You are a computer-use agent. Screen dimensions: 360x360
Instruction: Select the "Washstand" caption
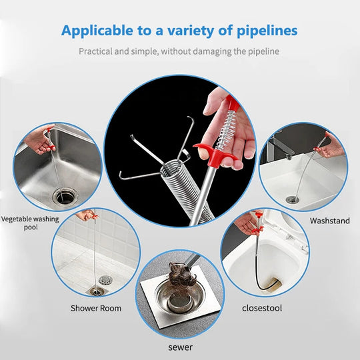coord(329,221)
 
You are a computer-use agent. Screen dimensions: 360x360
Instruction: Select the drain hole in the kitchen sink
coord(65,195)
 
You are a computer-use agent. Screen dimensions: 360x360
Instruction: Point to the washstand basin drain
coord(292,199)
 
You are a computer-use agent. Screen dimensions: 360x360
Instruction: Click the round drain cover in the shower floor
coord(105,281)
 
